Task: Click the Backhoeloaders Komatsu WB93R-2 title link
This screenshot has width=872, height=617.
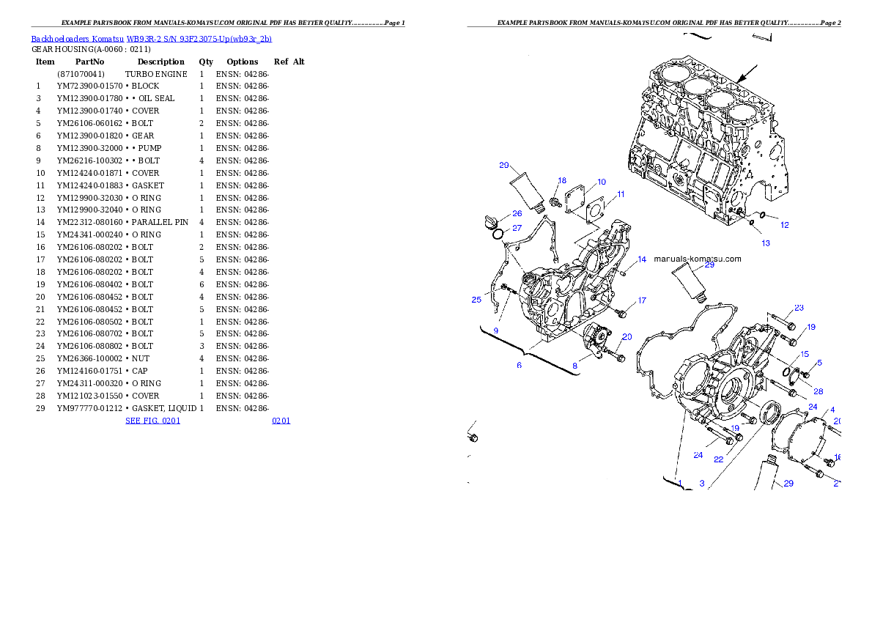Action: (x=151, y=39)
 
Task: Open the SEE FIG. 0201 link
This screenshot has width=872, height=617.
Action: (x=152, y=421)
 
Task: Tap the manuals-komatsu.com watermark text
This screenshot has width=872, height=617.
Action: (x=697, y=259)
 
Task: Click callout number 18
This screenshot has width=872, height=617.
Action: (x=562, y=180)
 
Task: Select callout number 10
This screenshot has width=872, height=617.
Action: (x=602, y=182)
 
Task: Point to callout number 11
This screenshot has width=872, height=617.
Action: (x=621, y=194)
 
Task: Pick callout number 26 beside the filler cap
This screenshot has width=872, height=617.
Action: (x=517, y=214)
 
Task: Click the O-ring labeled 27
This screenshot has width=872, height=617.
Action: (x=497, y=234)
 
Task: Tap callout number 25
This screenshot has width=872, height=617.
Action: (x=476, y=300)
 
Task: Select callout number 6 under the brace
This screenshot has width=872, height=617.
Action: (x=520, y=365)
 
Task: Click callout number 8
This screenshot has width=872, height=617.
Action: (x=575, y=365)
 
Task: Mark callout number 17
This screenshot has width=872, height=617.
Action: (x=642, y=300)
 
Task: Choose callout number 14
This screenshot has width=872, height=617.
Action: (x=642, y=259)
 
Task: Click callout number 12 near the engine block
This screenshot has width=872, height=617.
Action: (x=785, y=225)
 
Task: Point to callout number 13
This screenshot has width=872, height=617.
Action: (x=766, y=243)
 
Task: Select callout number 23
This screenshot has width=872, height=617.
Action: (x=799, y=308)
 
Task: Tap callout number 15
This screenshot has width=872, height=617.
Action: (x=805, y=355)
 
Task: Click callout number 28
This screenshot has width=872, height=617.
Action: (x=818, y=391)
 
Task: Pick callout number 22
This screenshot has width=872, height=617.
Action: (x=719, y=459)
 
